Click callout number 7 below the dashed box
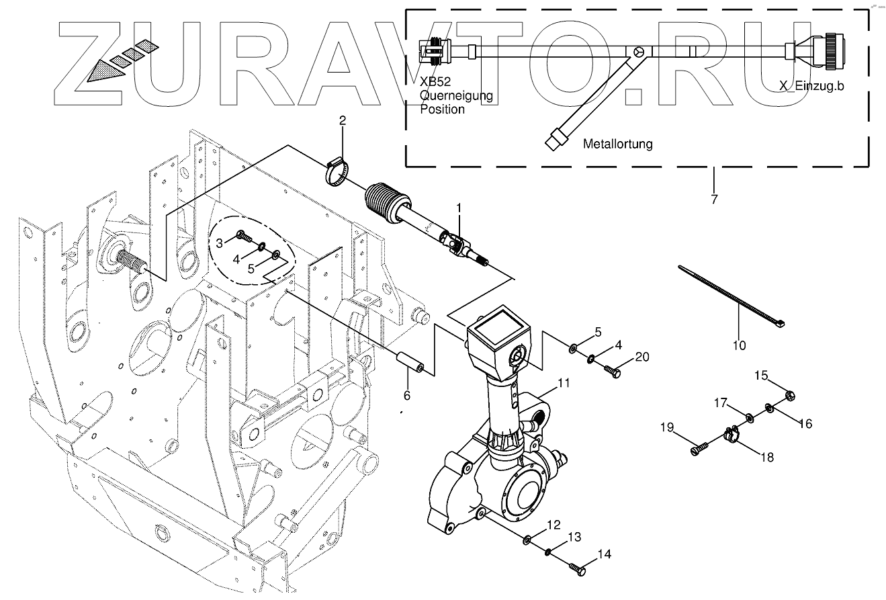coord(713,199)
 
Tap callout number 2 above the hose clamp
coord(342,122)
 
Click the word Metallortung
coord(617,144)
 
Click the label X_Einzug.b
coord(811,86)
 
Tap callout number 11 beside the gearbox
coord(564,384)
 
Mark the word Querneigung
coord(456,96)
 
